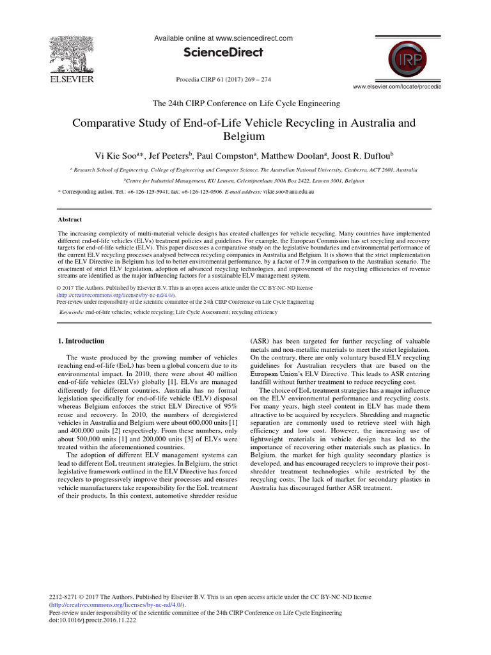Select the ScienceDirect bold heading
(x=224, y=53)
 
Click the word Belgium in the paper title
(x=245, y=136)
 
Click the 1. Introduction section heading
(x=81, y=341)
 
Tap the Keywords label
(x=74, y=312)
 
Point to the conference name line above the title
(x=245, y=103)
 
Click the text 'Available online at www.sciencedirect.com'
(x=224, y=39)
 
